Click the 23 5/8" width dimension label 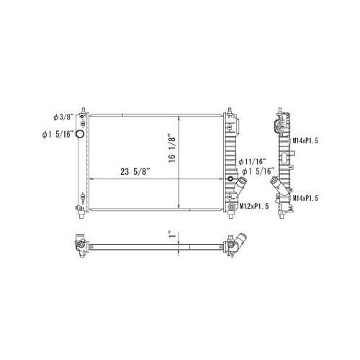(135, 171)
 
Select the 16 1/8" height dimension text (172, 148)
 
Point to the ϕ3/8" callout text (63, 117)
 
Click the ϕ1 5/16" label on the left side (58, 135)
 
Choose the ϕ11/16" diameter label (253, 161)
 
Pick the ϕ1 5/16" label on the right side (258, 171)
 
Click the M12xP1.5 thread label (254, 206)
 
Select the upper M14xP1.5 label (305, 140)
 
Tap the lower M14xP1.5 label (305, 198)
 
